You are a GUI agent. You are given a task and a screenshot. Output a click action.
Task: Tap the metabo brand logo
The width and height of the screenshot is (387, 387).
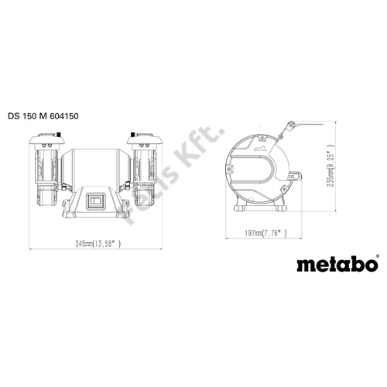click(x=337, y=265)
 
